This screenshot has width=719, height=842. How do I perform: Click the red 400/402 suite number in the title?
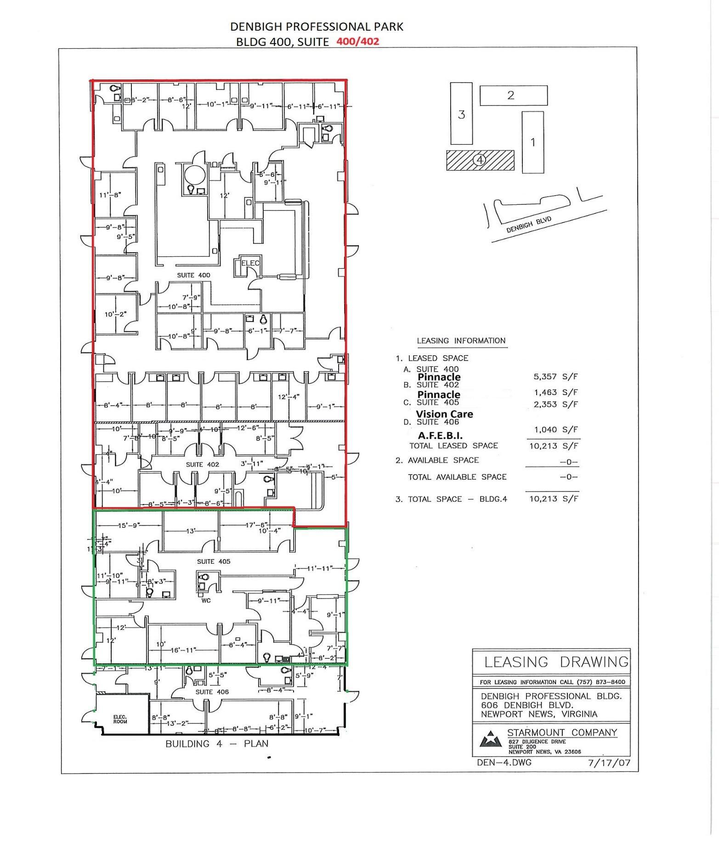[357, 41]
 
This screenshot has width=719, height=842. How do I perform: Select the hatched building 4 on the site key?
[480, 160]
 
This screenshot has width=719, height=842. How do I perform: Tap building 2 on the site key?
[513, 95]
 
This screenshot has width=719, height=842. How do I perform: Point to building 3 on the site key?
[461, 114]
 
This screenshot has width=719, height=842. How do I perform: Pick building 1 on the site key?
[532, 142]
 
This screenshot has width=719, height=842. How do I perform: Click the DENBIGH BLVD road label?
[528, 224]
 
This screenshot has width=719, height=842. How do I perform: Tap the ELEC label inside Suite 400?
[250, 263]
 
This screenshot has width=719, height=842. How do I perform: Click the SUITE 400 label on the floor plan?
[193, 275]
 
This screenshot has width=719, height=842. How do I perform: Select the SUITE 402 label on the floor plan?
[202, 464]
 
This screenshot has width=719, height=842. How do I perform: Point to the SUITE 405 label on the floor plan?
[214, 561]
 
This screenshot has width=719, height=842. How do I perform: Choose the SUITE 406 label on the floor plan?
[212, 692]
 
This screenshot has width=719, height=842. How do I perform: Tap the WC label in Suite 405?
[205, 600]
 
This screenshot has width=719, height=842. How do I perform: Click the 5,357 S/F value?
[555, 377]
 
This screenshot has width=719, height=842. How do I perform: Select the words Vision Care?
[444, 414]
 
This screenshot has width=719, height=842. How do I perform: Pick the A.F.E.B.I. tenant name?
[440, 435]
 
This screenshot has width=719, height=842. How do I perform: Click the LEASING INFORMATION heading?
[461, 341]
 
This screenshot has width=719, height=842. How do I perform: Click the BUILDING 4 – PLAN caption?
[217, 744]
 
